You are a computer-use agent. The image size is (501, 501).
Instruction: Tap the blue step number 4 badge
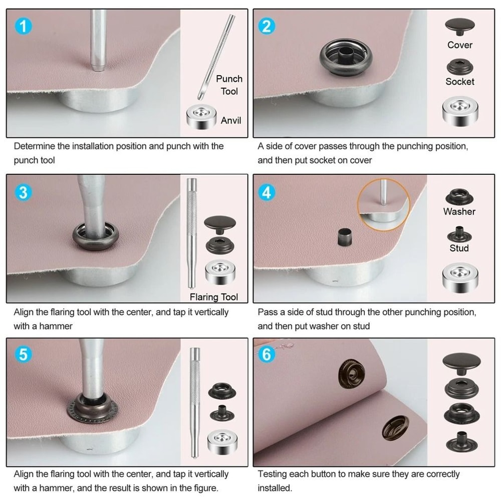[x=267, y=192]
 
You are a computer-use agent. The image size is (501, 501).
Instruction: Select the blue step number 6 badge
[x=267, y=354]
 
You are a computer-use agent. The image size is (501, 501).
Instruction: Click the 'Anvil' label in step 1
[x=231, y=120]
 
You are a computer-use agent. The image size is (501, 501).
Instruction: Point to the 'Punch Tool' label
[x=229, y=85]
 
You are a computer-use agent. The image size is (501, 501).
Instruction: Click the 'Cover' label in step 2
[x=460, y=45]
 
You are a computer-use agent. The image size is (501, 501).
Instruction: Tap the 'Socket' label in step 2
[x=460, y=81]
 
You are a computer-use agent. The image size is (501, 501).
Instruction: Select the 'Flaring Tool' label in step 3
[x=214, y=297]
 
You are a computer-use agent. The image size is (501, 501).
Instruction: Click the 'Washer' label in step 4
[x=459, y=211]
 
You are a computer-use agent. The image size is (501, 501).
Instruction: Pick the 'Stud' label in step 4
[x=459, y=248]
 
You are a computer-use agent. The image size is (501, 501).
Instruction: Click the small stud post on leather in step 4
[x=343, y=235]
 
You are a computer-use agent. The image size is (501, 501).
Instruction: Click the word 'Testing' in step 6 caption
[x=273, y=474]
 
